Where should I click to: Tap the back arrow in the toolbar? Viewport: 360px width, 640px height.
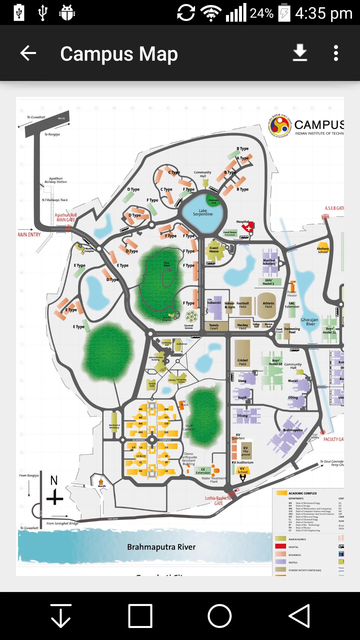pos(28,53)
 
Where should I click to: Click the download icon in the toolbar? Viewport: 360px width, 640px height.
pos(300,53)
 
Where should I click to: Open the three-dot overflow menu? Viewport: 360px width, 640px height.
pos(336,53)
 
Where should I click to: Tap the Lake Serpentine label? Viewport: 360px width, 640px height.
pos(203,212)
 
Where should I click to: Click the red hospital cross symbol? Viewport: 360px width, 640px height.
pos(249,228)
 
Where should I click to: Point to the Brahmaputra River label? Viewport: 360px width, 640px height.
pos(161,547)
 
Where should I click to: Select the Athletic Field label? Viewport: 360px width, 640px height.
pos(268,305)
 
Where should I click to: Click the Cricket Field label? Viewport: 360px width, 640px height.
pos(242,362)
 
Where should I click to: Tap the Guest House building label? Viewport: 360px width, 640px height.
pos(214,250)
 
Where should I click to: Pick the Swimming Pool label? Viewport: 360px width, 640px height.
pos(292,330)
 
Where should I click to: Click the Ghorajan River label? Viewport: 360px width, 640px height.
pos(309,322)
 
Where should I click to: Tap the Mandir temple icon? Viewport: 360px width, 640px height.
pos(101,482)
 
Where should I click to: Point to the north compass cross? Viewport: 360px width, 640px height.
pos(55,499)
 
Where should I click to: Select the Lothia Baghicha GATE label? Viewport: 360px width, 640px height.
pos(218,501)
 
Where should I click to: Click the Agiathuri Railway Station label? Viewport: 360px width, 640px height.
pos(56,180)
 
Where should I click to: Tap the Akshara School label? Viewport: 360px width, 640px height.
pos(322,250)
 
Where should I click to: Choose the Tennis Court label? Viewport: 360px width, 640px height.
pos(214,327)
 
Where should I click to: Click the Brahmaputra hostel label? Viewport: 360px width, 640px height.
pos(293,430)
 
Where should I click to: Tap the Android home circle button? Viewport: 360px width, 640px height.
pos(220,616)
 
